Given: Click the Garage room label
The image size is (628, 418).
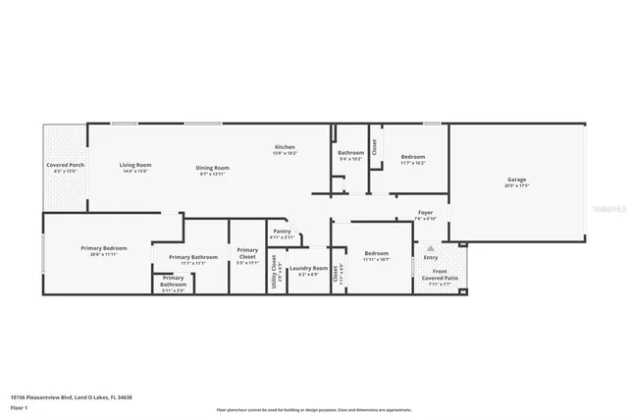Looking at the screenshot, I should pos(516,180).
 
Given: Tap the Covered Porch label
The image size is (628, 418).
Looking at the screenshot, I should pos(65,165).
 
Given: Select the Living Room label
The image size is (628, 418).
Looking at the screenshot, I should pos(135,165).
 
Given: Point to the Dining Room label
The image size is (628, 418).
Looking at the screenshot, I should pos(214,168).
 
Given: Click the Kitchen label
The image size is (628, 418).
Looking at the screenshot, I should pos(285,147).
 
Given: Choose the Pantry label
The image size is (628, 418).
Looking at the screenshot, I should pos(282,232).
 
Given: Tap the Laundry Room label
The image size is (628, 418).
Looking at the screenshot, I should pos(308,268).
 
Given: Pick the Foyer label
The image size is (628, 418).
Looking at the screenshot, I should pos(426,212).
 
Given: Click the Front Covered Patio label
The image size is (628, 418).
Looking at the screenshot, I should pos(440,275).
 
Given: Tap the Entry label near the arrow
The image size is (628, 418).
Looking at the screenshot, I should pos(431,258).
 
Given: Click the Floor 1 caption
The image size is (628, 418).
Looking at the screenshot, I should pos(18,406).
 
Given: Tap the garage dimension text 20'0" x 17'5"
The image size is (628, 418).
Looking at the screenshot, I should pos(516,185).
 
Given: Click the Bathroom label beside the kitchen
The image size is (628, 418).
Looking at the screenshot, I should pos(351,152).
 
